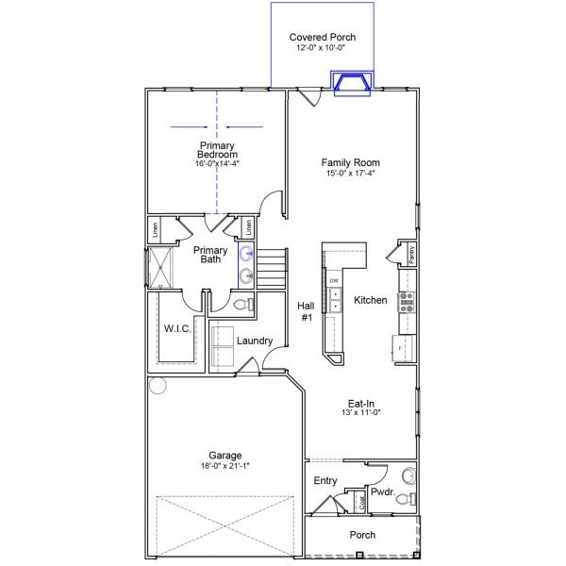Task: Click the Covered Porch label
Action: click(323, 38)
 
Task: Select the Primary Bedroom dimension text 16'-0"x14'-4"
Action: click(217, 163)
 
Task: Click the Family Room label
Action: click(350, 162)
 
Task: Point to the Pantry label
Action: click(412, 254)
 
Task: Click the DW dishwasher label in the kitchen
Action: click(334, 281)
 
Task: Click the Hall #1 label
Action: click(306, 312)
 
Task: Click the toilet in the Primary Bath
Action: click(241, 304)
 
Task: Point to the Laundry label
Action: click(255, 341)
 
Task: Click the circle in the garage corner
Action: click(157, 385)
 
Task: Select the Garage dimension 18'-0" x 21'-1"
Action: click(225, 465)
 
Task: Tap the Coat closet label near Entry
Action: click(362, 503)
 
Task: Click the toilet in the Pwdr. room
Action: click(404, 499)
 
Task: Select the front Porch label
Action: click(362, 535)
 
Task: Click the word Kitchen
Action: click(371, 300)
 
